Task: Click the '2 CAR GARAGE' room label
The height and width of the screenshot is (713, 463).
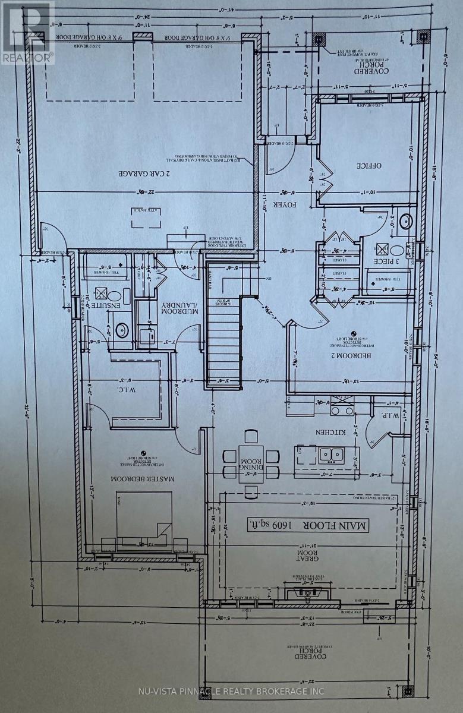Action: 144,174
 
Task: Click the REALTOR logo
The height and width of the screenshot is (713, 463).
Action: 27,32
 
